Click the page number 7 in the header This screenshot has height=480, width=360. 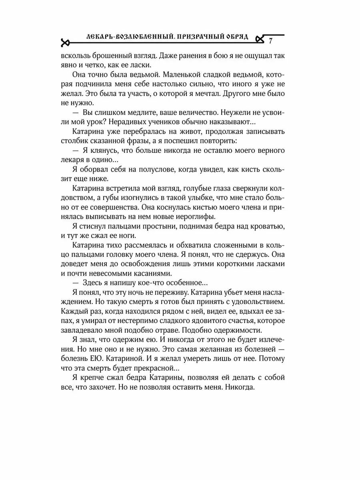click(271, 41)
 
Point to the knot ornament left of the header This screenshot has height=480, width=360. click(65, 42)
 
